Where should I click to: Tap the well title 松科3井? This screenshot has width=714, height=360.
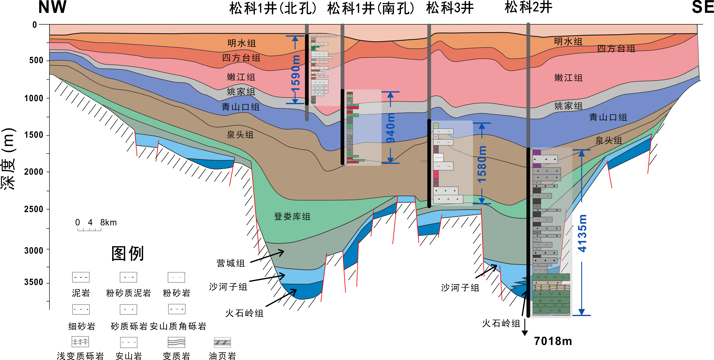pyautogui.click(x=450, y=8)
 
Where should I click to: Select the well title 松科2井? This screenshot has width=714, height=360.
pyautogui.click(x=528, y=7)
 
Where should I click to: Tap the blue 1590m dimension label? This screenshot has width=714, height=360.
pyautogui.click(x=296, y=73)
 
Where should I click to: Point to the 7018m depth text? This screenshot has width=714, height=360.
pyautogui.click(x=553, y=341)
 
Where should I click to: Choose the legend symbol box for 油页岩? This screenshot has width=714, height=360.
pyautogui.click(x=222, y=342)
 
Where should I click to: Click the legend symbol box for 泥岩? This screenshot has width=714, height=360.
pyautogui.click(x=81, y=277)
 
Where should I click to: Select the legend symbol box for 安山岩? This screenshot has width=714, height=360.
pyautogui.click(x=129, y=342)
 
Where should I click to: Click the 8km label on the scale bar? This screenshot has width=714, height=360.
pyautogui.click(x=108, y=223)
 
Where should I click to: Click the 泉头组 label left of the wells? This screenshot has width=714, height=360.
pyautogui.click(x=240, y=135)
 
